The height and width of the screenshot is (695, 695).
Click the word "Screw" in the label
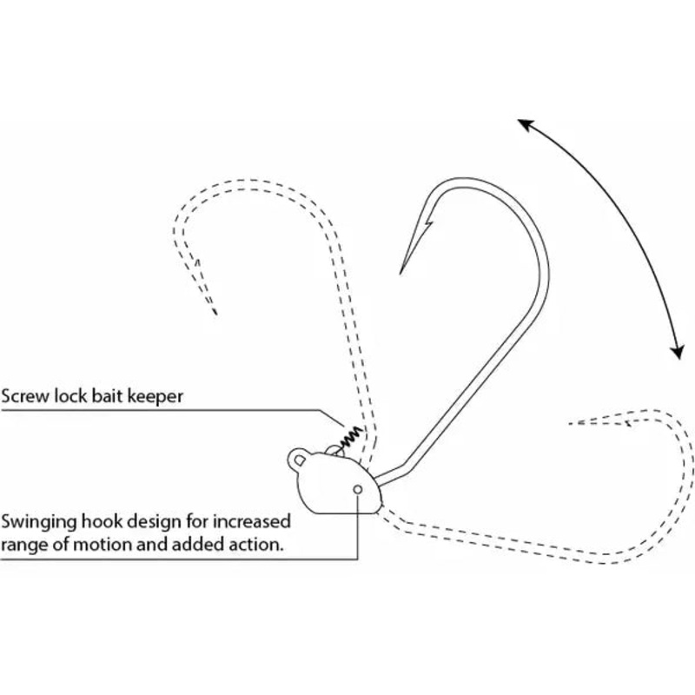click(x=25, y=395)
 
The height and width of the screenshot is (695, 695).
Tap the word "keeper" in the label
click(x=157, y=395)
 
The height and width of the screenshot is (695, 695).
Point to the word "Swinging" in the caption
click(x=37, y=523)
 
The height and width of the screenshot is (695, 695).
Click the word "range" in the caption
click(x=27, y=546)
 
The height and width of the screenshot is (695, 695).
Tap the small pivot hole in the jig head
click(x=357, y=491)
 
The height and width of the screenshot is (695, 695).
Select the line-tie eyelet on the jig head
click(x=298, y=457)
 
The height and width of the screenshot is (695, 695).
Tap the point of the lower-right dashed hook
click(x=569, y=423)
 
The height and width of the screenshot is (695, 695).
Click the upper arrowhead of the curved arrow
click(x=524, y=123)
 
